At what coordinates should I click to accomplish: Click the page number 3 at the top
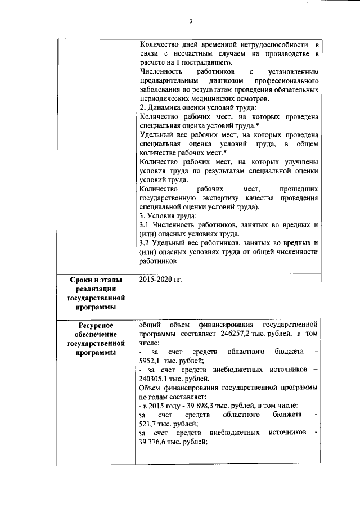click(191, 21)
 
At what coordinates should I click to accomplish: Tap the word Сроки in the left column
click(82, 280)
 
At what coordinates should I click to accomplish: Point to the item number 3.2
click(144, 243)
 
